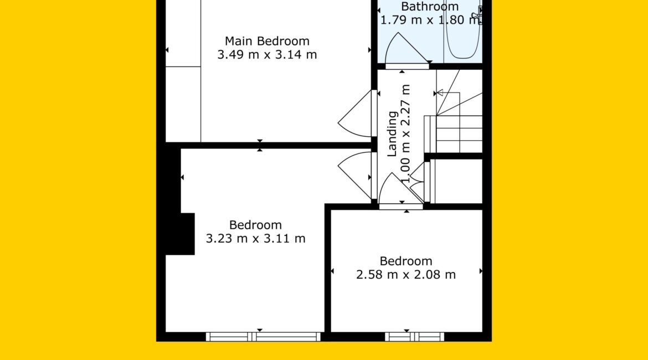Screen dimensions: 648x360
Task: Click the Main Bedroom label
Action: (267, 41)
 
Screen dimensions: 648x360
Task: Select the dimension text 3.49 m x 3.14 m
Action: (267, 55)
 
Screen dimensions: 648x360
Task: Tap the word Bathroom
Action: (430, 6)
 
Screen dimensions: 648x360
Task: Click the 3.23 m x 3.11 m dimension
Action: (255, 239)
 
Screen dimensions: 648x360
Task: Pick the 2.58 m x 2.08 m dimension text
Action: (406, 275)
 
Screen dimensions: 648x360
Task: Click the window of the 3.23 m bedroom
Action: (263, 337)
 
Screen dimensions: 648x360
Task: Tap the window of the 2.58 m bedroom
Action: (414, 337)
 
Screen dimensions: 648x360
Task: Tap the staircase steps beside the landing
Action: (459, 111)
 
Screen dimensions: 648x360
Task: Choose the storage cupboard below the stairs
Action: (456, 181)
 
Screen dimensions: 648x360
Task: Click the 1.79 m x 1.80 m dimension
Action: (430, 20)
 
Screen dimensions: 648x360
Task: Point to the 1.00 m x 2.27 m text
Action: (406, 133)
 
